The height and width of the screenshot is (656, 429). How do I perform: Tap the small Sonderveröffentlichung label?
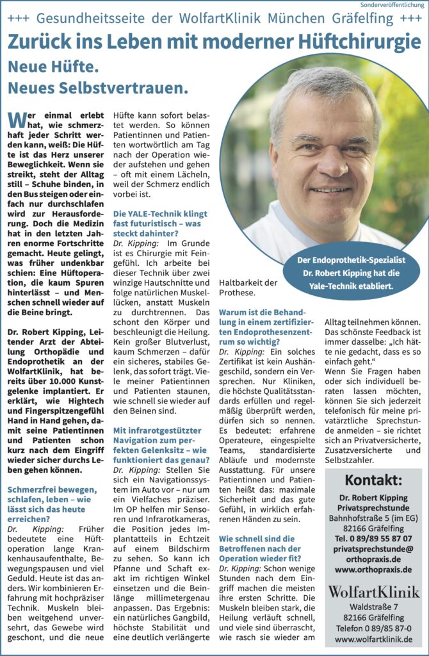[393, 4]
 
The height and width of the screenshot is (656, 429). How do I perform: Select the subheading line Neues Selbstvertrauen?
[97, 86]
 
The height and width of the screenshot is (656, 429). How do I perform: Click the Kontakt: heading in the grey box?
[373, 480]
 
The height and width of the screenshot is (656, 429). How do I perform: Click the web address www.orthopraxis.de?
[373, 569]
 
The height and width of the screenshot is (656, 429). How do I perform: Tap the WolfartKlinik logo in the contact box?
[373, 590]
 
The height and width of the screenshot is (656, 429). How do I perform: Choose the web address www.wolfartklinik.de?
[373, 639]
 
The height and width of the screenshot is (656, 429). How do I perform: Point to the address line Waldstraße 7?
[373, 606]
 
